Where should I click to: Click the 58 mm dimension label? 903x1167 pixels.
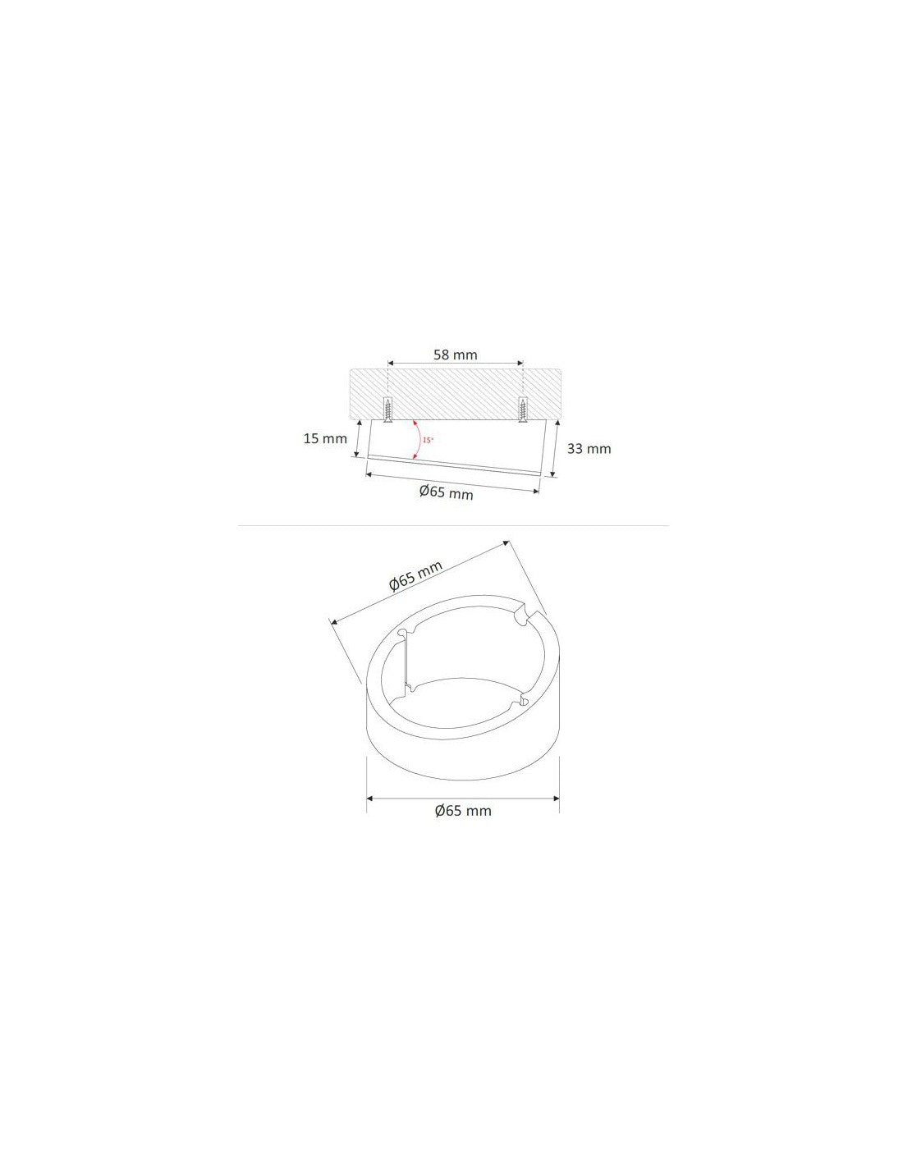(455, 355)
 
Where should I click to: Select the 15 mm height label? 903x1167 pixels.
(325, 438)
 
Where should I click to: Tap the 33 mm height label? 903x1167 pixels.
(589, 448)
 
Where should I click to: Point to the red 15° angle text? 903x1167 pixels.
(428, 441)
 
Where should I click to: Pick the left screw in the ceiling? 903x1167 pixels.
(387, 410)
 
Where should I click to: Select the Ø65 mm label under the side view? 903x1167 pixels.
(446, 492)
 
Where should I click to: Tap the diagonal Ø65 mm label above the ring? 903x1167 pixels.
(415, 577)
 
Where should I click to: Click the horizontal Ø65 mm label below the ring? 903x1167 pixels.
(463, 811)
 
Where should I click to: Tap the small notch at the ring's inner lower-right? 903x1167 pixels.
(519, 702)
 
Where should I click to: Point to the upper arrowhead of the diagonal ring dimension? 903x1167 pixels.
(506, 542)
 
